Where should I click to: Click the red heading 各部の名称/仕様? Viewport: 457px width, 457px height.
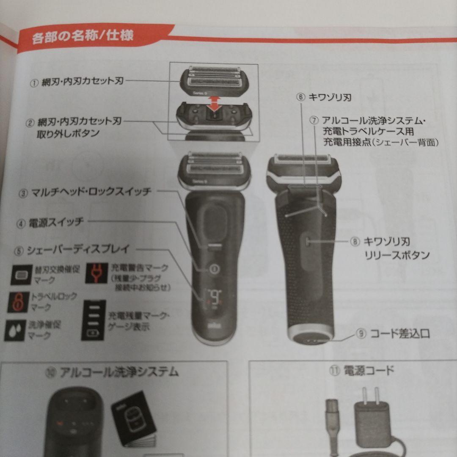pyautogui.click(x=83, y=36)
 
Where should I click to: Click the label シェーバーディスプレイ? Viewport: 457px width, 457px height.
pyautogui.click(x=78, y=250)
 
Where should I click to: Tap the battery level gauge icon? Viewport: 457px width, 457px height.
pyautogui.click(x=93, y=320)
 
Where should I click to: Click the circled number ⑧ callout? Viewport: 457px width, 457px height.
pyautogui.click(x=355, y=242)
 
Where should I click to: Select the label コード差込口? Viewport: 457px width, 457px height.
pyautogui.click(x=400, y=334)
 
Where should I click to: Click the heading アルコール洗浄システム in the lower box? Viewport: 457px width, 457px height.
pyautogui.click(x=118, y=372)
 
